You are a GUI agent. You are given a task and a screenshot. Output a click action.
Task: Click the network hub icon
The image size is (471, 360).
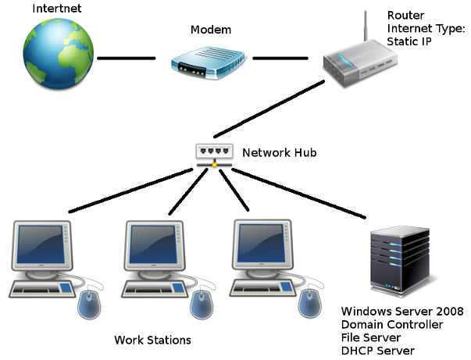(213, 154)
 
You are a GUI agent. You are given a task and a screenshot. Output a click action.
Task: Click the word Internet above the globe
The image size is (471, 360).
(55, 9)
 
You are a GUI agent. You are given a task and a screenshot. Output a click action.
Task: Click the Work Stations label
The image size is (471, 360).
(152, 340)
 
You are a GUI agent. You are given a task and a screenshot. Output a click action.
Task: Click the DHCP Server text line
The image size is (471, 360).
(377, 351)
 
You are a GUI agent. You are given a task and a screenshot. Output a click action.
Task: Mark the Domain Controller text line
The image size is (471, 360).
(391, 325)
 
